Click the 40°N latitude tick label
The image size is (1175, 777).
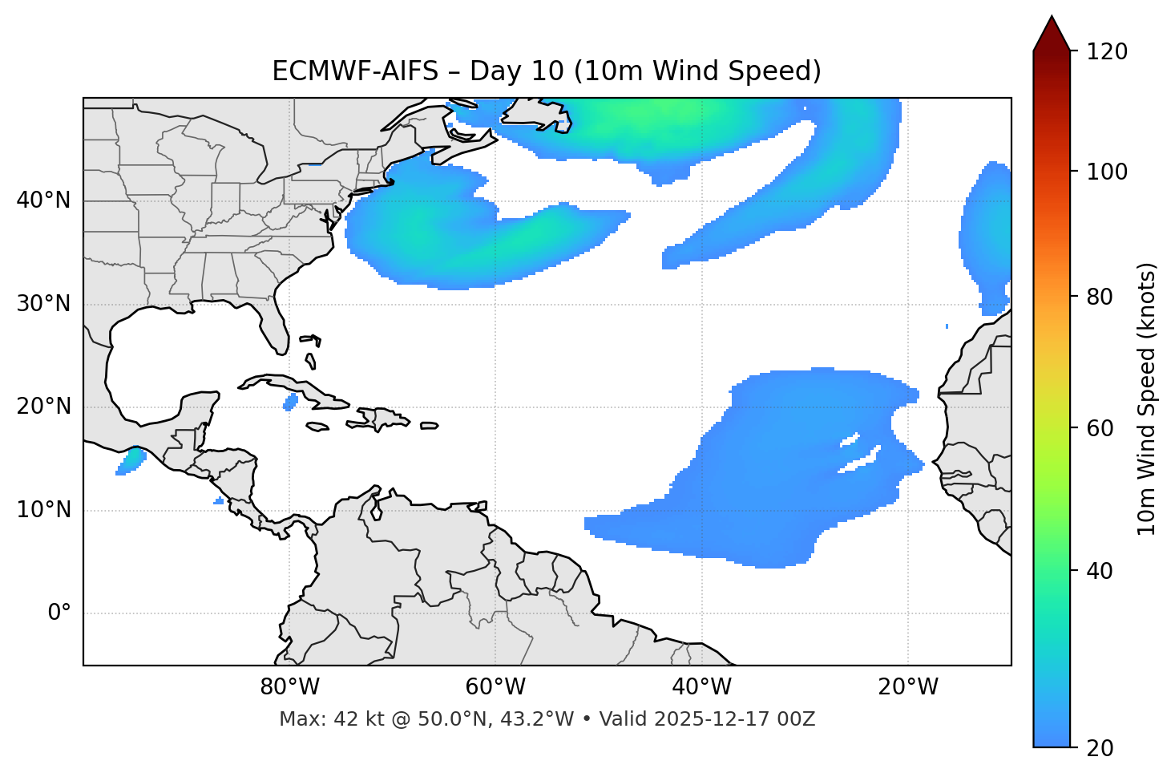(x=43, y=200)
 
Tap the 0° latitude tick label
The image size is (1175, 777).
(x=59, y=613)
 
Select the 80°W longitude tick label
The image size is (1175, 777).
(x=289, y=687)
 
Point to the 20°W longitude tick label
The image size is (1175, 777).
(x=908, y=687)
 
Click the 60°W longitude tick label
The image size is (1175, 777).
(x=495, y=687)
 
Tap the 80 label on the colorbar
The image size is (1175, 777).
(x=1099, y=297)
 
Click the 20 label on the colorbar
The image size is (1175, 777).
(x=1099, y=748)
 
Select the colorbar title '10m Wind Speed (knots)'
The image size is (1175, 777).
(x=1147, y=399)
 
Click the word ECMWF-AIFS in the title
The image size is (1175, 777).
(x=355, y=71)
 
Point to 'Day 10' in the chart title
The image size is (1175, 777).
(x=516, y=71)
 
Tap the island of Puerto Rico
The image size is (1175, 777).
(x=430, y=426)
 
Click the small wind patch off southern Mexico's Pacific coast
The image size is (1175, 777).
(x=131, y=461)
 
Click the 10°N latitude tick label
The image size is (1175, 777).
(x=43, y=510)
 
